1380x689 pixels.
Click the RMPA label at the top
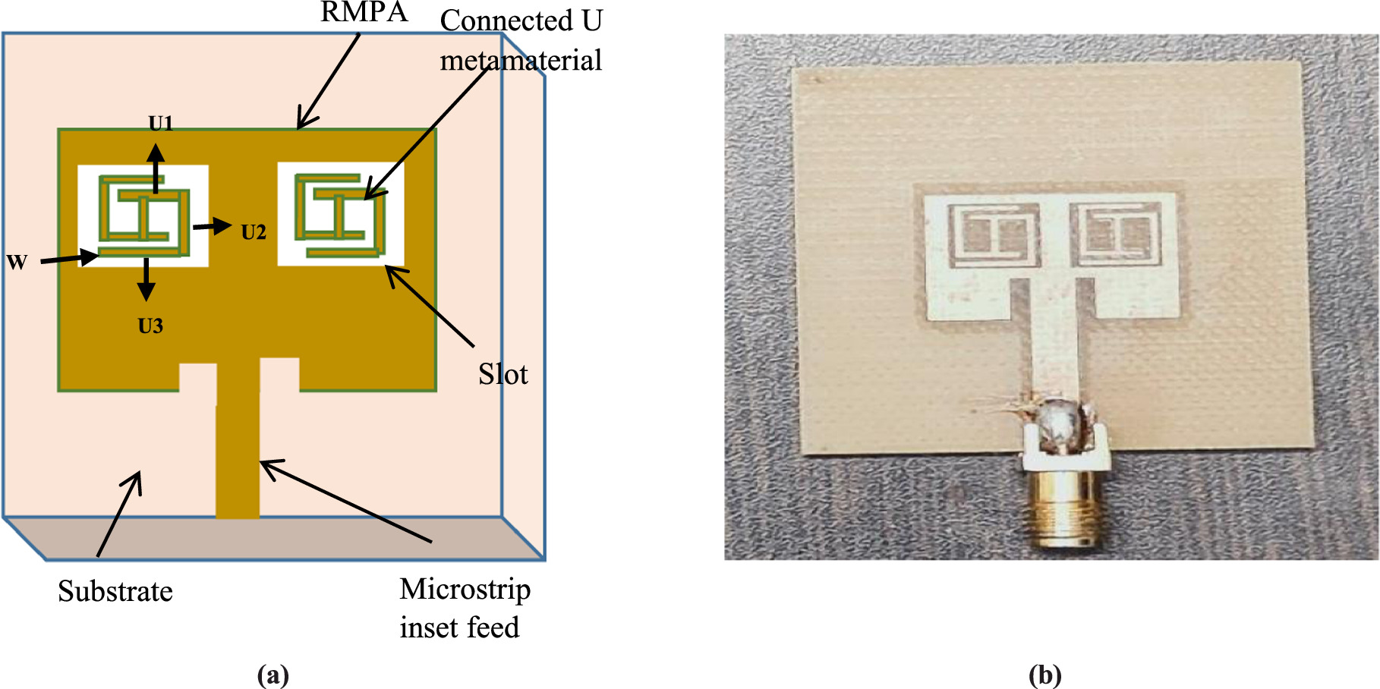pyautogui.click(x=364, y=12)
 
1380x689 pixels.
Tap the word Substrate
pyautogui.click(x=115, y=591)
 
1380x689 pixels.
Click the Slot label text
pyautogui.click(x=503, y=374)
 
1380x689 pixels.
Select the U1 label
pyautogui.click(x=161, y=123)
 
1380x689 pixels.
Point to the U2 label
pyautogui.click(x=254, y=232)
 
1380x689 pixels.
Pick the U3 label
pyautogui.click(x=150, y=326)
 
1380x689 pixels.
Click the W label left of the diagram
pyautogui.click(x=17, y=263)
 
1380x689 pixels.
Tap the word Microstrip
pyautogui.click(x=465, y=590)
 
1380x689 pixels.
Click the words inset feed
pyautogui.click(x=459, y=628)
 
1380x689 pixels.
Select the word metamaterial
pyautogui.click(x=521, y=61)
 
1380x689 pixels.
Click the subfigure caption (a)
pyautogui.click(x=273, y=675)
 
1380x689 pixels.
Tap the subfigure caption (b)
pyautogui.click(x=1044, y=675)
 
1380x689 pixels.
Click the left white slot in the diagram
pyautogui.click(x=143, y=216)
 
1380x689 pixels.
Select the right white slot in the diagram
pyautogui.click(x=341, y=213)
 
